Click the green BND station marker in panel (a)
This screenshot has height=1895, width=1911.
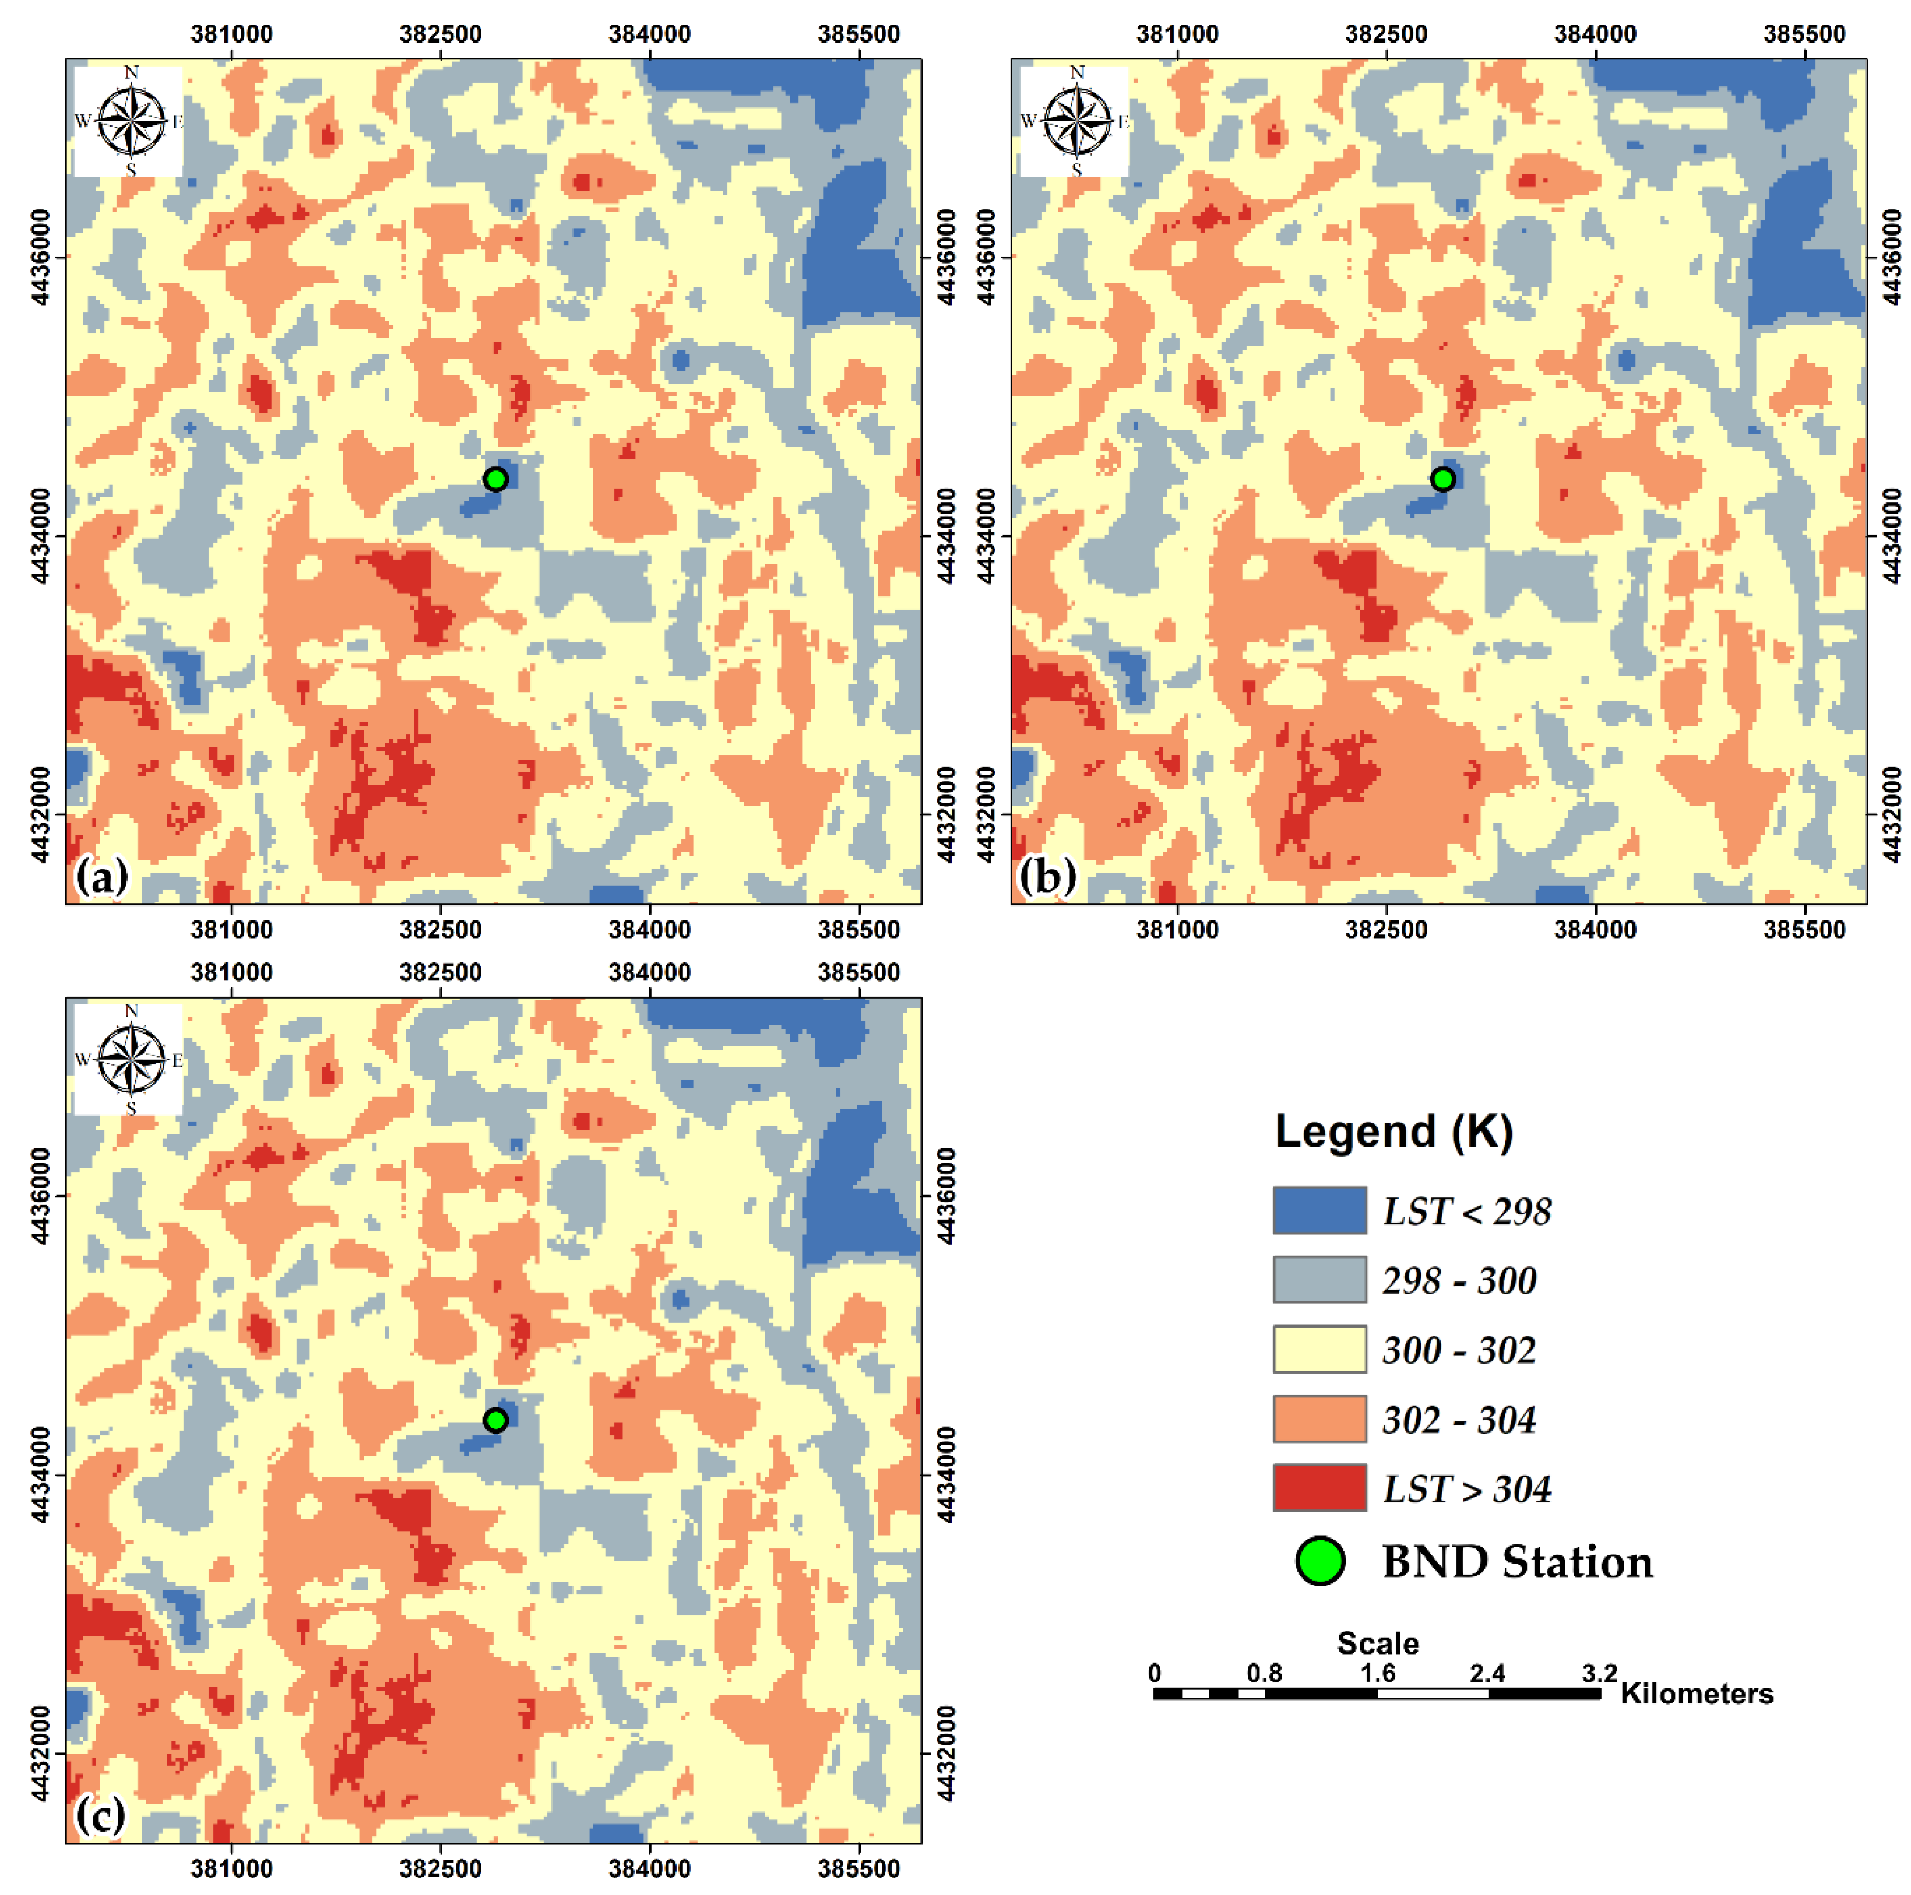point(496,479)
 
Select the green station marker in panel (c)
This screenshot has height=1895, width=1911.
point(496,1420)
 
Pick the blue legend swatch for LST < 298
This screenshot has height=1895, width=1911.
point(1320,1210)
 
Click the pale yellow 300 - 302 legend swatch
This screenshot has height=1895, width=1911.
point(1320,1349)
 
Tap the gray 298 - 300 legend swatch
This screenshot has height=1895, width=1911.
point(1320,1279)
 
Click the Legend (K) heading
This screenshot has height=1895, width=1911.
point(1393,1131)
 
